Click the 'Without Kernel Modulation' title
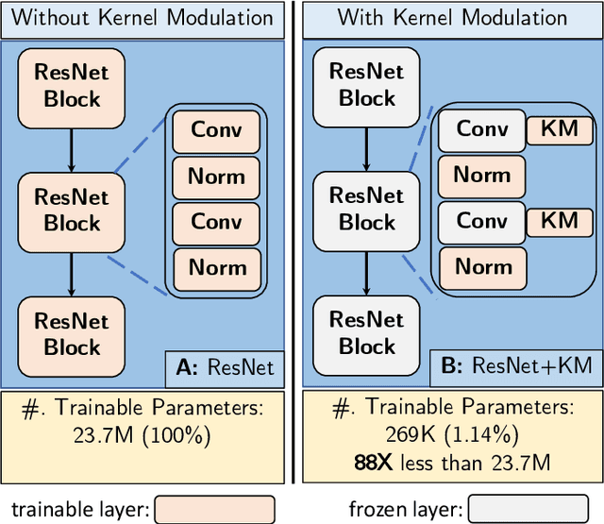143,18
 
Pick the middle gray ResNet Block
366,210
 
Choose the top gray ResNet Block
366,86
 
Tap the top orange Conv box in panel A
217,129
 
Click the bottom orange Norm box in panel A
217,267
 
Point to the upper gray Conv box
482,129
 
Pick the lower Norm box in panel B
482,267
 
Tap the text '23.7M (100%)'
143,437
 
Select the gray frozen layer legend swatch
528,509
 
